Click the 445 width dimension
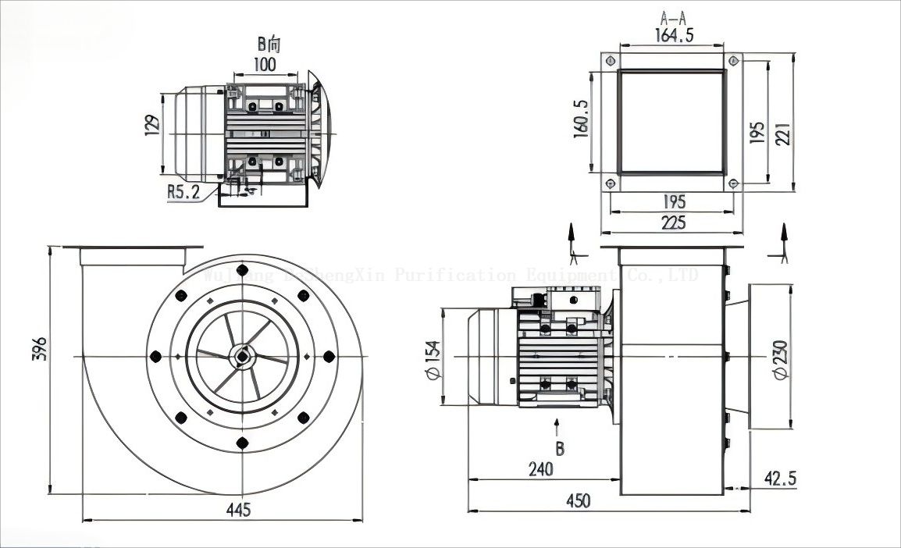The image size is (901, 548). coord(238,510)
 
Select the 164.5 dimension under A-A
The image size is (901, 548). coord(672,36)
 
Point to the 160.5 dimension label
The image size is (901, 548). coord(581,119)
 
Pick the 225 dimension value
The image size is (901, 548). coord(672,222)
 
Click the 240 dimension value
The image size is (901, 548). coord(540,468)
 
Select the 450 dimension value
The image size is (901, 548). coord(578,500)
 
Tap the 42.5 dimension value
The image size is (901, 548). coord(780,476)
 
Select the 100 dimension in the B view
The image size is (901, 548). coord(265,64)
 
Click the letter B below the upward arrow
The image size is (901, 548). coord(559,449)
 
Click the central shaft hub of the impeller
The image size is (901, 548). coord(243,357)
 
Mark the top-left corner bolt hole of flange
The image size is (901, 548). coord(610,62)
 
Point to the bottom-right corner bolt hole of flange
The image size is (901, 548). coord(733,184)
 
